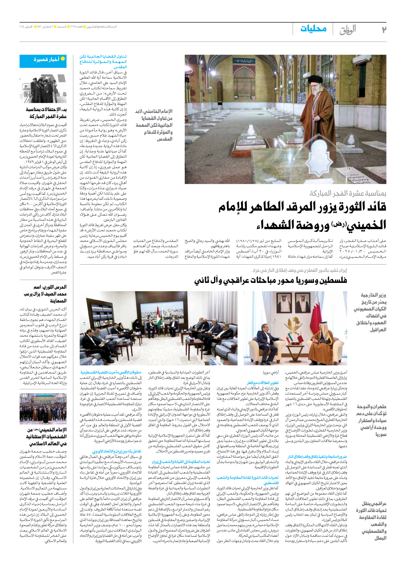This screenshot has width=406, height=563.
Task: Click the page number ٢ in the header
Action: click(384, 30)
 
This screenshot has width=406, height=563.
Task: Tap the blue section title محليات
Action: click(313, 29)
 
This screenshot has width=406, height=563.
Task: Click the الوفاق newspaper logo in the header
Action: click(348, 30)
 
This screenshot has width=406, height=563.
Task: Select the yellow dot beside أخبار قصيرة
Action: click(63, 59)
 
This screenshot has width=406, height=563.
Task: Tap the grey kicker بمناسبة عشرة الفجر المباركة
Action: click(348, 194)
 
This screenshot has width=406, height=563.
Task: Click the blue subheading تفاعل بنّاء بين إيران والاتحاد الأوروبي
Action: click(117, 451)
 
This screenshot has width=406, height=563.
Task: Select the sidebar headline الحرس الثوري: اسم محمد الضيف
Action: click(45, 294)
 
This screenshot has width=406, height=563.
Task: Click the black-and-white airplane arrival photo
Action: click(43, 89)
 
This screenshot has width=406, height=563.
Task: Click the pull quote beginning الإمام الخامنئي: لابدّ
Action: click(154, 125)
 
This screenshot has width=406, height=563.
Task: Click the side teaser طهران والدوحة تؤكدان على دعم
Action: click(372, 420)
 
